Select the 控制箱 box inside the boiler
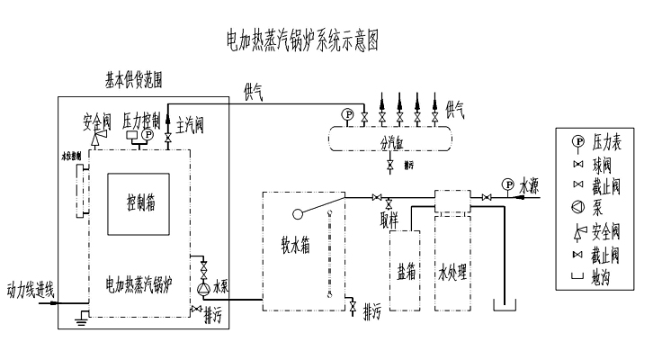click(x=141, y=202)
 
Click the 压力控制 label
click(x=139, y=118)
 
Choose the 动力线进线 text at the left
click(x=31, y=290)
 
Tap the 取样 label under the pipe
click(x=389, y=217)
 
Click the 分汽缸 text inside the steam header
click(x=389, y=142)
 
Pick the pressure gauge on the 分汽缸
click(x=347, y=113)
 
